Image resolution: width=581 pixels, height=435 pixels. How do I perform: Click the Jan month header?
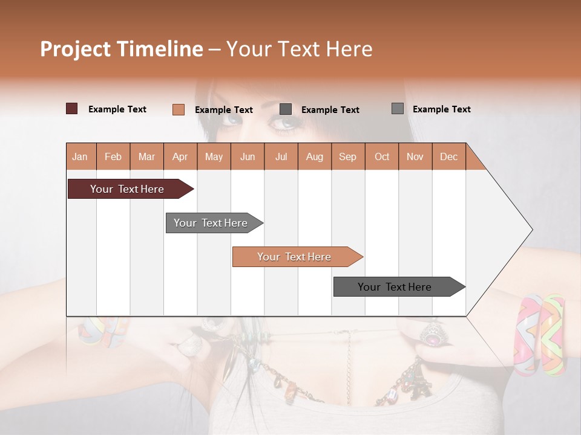click(80, 156)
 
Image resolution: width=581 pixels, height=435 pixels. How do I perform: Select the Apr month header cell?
click(180, 156)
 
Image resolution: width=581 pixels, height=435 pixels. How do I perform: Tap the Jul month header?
click(281, 156)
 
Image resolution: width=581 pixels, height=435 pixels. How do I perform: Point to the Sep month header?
click(347, 156)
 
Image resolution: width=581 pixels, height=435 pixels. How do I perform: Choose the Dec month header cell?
click(448, 156)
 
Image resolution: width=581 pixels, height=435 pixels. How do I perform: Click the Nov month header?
click(415, 156)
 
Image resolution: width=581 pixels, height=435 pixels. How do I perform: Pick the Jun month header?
click(248, 156)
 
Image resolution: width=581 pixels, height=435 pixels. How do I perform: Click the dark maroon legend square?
click(72, 109)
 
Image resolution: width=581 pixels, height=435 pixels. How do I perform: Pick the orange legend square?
click(178, 109)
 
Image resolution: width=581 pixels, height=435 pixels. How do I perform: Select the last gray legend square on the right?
click(398, 109)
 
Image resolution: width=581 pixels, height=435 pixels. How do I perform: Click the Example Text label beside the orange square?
click(223, 110)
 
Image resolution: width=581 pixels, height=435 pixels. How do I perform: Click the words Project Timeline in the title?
click(121, 49)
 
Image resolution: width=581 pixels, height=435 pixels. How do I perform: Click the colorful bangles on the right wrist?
click(539, 335)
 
